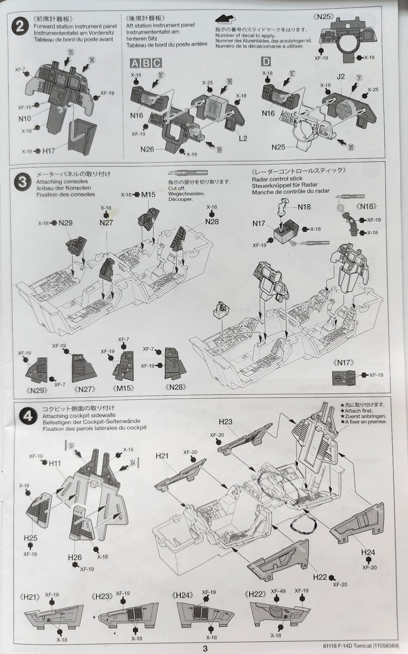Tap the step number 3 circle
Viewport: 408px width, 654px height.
(23, 182)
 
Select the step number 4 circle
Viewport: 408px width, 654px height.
(28, 416)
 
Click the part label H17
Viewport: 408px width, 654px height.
(49, 151)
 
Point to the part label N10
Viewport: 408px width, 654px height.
(25, 119)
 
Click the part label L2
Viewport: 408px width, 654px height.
(243, 138)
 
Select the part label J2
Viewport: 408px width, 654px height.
(340, 76)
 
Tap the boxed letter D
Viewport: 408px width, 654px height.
(266, 62)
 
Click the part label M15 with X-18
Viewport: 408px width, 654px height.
(148, 195)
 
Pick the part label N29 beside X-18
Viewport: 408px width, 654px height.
(65, 223)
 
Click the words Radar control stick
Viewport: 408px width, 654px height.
(277, 179)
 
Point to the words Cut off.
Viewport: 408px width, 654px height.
(177, 188)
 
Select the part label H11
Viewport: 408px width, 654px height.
(55, 463)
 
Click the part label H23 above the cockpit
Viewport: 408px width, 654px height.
(225, 421)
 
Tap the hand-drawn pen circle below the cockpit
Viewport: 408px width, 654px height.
(302, 523)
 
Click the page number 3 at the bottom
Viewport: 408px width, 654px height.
(204, 648)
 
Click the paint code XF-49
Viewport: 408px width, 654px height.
(278, 591)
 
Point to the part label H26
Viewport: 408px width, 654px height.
(75, 557)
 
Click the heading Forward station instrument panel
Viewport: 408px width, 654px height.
(75, 26)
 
